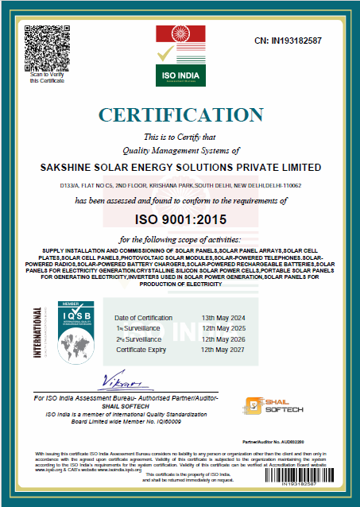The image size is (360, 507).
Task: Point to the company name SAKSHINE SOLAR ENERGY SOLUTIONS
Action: [180, 168]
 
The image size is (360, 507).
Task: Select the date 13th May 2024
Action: [222, 316]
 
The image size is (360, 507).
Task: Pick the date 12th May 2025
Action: [222, 327]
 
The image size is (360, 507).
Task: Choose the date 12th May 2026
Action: [222, 339]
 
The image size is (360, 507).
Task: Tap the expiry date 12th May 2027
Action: [222, 350]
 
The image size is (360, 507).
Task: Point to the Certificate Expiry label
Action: [144, 350]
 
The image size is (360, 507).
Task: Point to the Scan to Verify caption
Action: [45, 77]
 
